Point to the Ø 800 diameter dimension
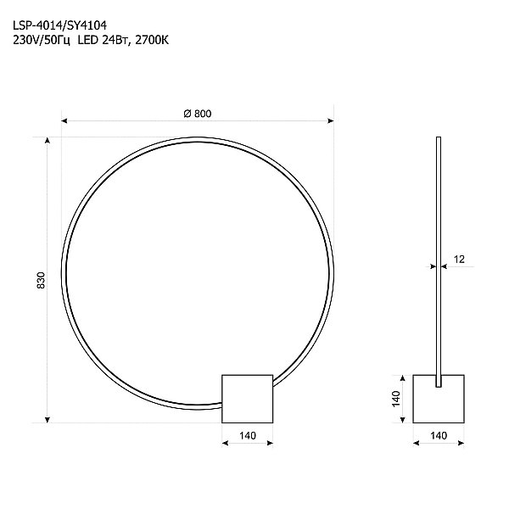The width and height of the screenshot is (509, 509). pyautogui.click(x=197, y=115)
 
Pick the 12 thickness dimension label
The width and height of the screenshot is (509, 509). pyautogui.click(x=459, y=260)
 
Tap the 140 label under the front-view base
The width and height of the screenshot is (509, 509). pyautogui.click(x=247, y=435)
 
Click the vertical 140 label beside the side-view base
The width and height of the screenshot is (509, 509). pyautogui.click(x=395, y=398)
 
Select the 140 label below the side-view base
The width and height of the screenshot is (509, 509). pyautogui.click(x=439, y=435)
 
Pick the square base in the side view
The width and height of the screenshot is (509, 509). pyautogui.click(x=439, y=398)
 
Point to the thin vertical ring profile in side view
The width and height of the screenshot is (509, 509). pyautogui.click(x=438, y=255)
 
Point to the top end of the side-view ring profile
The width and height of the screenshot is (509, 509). pyautogui.click(x=438, y=138)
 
